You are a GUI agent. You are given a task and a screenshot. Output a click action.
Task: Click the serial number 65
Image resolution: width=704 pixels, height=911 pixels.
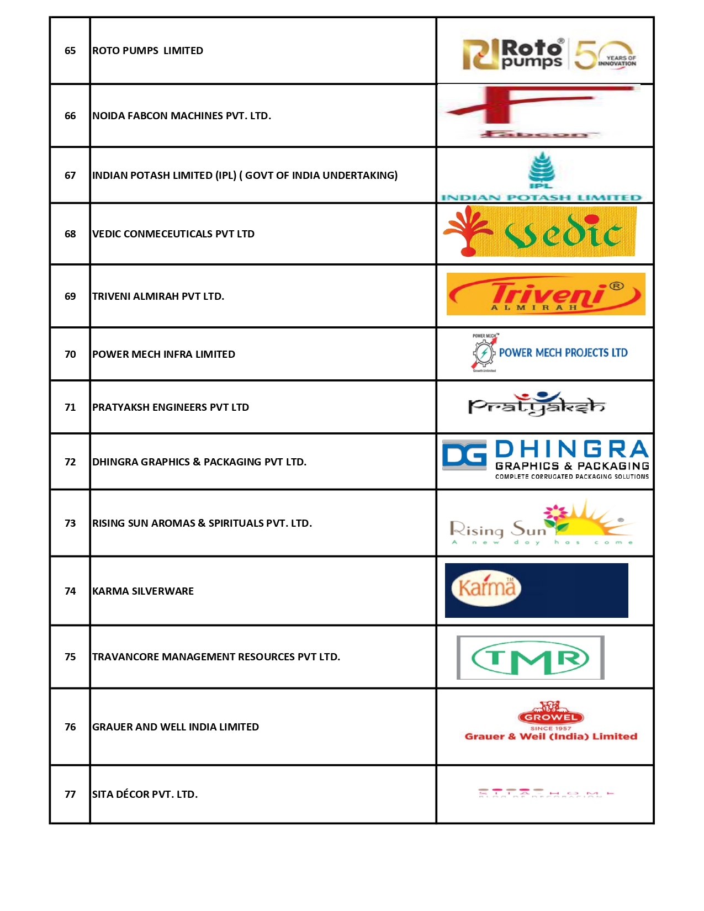coord(70,51)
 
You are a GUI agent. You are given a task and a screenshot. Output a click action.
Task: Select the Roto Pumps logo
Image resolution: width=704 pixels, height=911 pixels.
coord(549,54)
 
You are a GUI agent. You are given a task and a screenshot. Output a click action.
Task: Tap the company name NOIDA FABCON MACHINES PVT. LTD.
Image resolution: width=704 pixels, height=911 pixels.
coord(181,116)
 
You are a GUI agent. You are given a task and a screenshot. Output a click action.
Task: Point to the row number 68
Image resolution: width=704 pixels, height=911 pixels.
coord(70,234)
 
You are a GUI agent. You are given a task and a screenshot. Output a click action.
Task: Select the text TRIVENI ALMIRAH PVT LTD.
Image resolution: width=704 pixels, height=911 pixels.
coord(158,296)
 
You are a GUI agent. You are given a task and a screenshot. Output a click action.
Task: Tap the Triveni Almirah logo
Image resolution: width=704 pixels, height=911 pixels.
coord(546,294)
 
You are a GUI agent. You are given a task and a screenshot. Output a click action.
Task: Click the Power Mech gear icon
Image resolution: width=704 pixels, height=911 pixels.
coord(484,353)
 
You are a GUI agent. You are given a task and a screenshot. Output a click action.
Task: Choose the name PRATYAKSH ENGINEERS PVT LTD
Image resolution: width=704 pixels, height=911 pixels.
coord(170,407)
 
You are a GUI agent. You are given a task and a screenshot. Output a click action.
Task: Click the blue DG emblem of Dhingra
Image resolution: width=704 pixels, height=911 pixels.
coord(464,455)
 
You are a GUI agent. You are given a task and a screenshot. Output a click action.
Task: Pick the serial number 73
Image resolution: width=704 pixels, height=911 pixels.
coord(70,523)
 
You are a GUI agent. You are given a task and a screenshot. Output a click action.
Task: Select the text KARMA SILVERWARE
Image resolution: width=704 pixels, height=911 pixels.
coord(142,591)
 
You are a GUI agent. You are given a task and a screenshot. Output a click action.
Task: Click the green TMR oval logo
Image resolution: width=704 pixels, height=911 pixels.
coord(530,658)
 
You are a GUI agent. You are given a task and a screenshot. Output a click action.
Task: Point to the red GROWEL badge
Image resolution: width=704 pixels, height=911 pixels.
coord(551,717)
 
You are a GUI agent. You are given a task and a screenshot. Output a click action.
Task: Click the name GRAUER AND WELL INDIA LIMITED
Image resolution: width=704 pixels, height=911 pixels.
coord(175,727)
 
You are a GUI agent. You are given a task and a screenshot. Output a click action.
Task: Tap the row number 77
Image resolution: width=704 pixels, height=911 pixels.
coord(70,795)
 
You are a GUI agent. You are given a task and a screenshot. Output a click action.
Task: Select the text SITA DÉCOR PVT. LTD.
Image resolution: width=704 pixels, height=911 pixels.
coord(145,795)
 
